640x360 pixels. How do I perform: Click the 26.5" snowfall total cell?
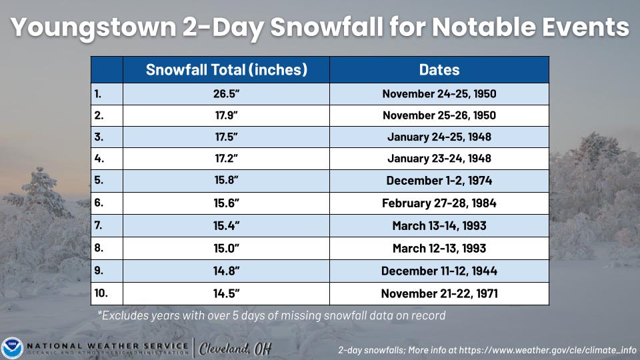coord(226,94)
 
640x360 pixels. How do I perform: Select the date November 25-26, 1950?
coord(439,115)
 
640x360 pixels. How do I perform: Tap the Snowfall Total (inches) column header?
coord(227,70)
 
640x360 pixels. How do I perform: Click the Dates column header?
coord(439,70)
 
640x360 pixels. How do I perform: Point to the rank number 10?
coord(101,293)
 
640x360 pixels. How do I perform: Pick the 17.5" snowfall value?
coord(226,137)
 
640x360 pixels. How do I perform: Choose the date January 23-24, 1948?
coord(439,159)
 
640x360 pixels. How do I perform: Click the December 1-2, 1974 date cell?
coord(439,181)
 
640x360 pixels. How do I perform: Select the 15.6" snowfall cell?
coord(226,203)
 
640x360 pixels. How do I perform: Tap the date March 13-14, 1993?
coord(439,226)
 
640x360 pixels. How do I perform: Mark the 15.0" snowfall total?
coord(226,248)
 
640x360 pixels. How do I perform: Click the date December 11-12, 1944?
coord(439,271)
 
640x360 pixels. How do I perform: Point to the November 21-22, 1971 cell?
coord(439,293)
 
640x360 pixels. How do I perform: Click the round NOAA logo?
coord(12,348)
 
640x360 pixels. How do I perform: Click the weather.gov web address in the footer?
coord(547,350)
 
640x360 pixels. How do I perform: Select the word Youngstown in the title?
coord(93,28)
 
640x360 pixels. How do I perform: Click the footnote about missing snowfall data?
coord(271,315)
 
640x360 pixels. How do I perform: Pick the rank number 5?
coord(99,180)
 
